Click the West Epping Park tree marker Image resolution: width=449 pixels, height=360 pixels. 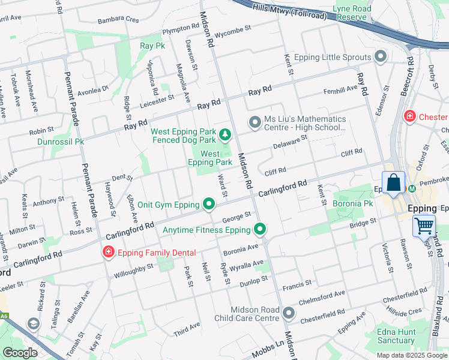click(x=225, y=134)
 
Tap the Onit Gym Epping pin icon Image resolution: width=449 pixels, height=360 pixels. click(x=209, y=205)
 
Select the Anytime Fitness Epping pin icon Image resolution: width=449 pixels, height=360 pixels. click(x=260, y=230)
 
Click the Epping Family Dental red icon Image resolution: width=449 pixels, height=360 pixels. click(x=108, y=253)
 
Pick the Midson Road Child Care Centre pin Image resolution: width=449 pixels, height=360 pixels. click(x=289, y=313)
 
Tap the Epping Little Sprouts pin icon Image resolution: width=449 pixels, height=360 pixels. click(x=380, y=57)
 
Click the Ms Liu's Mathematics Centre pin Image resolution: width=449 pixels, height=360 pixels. click(x=255, y=123)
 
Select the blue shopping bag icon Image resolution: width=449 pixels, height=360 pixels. click(x=393, y=183)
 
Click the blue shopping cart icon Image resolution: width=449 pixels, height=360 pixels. click(x=424, y=226)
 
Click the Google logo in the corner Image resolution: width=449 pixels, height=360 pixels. click(x=20, y=353)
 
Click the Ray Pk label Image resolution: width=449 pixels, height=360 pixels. click(x=152, y=46)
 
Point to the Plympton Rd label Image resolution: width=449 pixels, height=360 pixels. click(x=179, y=28)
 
